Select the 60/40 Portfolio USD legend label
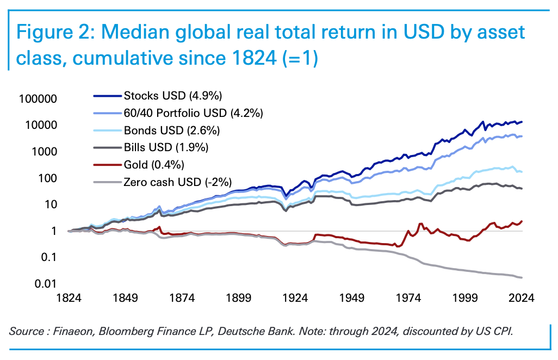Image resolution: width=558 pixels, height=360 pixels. click(194, 114)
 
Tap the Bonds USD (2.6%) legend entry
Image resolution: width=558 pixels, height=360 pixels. click(172, 131)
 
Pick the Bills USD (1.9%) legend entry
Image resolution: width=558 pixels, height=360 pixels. click(166, 147)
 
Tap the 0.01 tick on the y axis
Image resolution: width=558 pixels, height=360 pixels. click(48, 284)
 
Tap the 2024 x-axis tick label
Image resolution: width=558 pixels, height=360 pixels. click(523, 298)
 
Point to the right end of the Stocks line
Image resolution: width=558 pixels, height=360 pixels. click(523, 122)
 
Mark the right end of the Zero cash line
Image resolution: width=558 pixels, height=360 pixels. click(523, 278)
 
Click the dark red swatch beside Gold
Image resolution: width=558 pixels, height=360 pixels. click(107, 164)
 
